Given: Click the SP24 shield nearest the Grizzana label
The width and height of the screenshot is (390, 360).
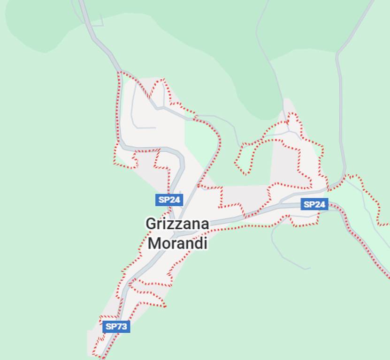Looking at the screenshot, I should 169,200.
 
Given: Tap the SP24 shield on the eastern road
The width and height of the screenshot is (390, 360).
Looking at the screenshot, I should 314,204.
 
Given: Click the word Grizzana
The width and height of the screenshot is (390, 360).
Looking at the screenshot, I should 177,224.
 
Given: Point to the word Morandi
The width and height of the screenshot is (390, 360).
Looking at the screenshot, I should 177,244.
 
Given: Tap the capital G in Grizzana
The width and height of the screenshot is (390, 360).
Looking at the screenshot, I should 151,224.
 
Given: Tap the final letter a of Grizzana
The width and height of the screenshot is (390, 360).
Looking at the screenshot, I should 204,225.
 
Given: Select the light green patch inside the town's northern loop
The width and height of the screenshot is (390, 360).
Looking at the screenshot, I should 199,141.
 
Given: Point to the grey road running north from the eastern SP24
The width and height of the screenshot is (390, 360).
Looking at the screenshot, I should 340,117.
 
